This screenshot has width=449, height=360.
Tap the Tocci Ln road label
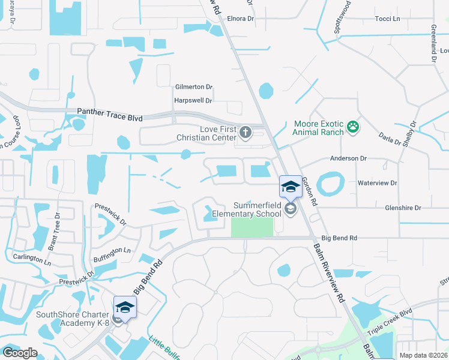pyautogui.click(x=387, y=19)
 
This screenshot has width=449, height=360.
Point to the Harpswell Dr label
pyautogui.click(x=193, y=101)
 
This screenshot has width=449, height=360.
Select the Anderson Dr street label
pyautogui.click(x=348, y=158)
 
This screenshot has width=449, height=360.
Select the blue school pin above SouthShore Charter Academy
pyautogui.click(x=125, y=307)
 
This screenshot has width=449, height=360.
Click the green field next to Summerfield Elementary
pyautogui.click(x=252, y=227)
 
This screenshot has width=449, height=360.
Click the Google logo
pyautogui.click(x=20, y=353)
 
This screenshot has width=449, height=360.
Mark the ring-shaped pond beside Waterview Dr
pyautogui.click(x=330, y=184)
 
